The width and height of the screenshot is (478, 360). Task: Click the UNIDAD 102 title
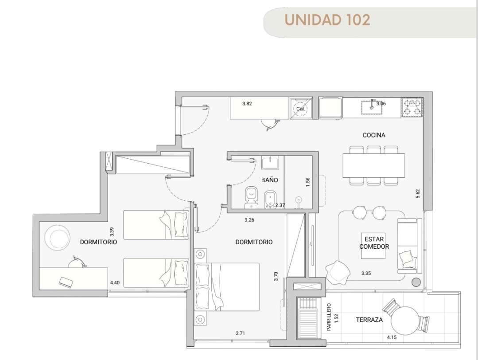point(327,20)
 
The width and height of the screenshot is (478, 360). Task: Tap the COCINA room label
point(374,135)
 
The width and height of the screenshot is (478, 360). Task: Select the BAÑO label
point(269,180)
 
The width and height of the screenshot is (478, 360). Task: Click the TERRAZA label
point(369,320)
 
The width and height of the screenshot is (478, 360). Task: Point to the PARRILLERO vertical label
point(329,317)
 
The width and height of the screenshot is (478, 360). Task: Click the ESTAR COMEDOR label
point(374,243)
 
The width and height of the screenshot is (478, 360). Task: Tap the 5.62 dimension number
point(418,194)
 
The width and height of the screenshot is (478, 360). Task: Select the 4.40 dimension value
point(115,282)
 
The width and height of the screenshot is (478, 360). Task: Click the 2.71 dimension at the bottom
point(240,333)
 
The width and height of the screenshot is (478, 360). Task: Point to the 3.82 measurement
point(247,104)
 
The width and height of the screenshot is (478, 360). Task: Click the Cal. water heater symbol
point(301,108)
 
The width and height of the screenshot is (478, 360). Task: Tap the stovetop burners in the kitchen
point(412,108)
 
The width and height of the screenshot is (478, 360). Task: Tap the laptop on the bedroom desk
point(66,282)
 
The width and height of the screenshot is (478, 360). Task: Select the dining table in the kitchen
point(374,165)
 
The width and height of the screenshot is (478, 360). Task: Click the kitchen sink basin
point(372,107)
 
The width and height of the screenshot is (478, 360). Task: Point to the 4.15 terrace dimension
point(392,337)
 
